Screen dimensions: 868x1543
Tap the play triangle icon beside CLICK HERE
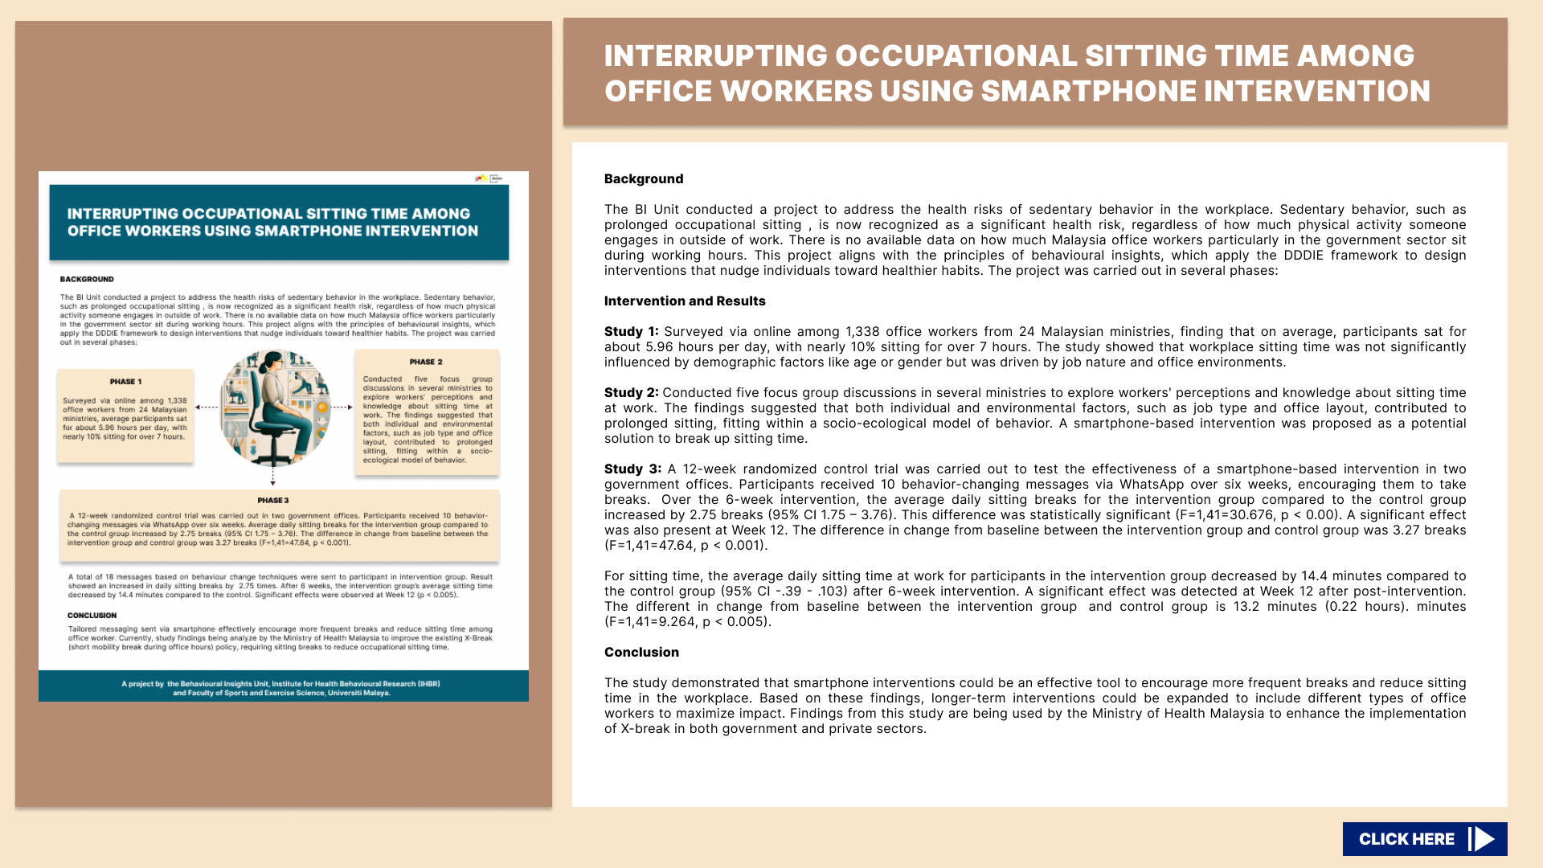1483,839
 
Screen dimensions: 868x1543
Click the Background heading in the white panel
644,179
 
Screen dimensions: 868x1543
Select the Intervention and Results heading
685,301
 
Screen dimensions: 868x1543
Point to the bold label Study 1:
631,332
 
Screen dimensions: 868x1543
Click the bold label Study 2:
631,393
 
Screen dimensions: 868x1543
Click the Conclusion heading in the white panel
641,653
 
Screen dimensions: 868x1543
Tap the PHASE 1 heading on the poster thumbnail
125,382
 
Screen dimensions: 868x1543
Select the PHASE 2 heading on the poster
426,362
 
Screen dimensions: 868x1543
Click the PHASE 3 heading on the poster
273,500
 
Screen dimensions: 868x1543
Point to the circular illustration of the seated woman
275,408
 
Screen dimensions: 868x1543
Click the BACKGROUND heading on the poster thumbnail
87,279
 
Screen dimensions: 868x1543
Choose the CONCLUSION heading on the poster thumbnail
92,616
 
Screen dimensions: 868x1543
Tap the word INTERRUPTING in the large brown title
715,56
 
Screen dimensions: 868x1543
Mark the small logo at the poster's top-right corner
489,178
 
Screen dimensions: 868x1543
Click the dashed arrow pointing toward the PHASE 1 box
207,407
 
